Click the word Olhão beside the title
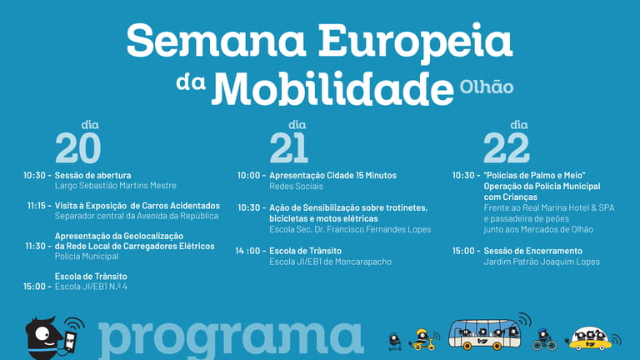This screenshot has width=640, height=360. tap(486, 87)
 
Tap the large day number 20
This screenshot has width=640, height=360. tap(78, 147)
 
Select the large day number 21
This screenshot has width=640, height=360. tap(288, 147)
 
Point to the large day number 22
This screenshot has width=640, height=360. tap(507, 147)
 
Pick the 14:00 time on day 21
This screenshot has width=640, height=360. tap(250, 251)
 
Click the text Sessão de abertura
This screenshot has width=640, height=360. tap(93, 176)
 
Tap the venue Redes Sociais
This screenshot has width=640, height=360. tap(296, 187)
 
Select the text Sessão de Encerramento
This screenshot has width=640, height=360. tap(533, 251)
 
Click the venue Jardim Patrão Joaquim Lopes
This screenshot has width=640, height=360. tap(542, 262)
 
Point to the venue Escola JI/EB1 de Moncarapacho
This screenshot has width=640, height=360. tap(330, 262)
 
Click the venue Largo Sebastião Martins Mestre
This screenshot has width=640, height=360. tap(116, 186)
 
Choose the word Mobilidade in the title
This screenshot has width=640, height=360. tap(332, 88)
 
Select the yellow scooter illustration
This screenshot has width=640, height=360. tap(422, 340)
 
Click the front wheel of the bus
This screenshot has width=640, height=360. tap(497, 346)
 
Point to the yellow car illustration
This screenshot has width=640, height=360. tap(590, 339)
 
